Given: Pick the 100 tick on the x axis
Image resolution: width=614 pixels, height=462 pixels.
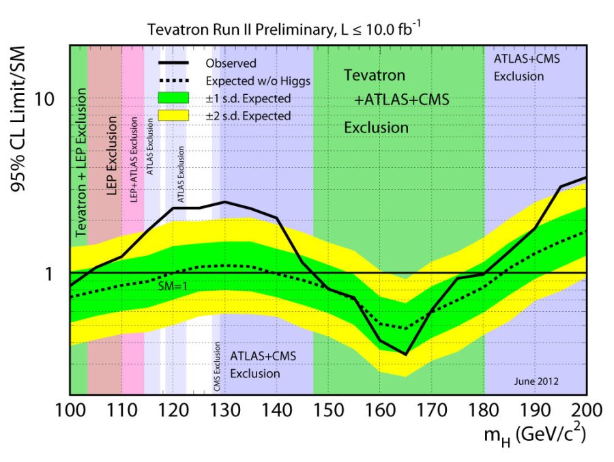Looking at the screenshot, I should pyautogui.click(x=70, y=411).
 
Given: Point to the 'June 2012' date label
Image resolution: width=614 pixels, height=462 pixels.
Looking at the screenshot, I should pyautogui.click(x=540, y=381).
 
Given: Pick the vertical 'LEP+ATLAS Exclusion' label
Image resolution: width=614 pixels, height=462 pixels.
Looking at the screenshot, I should pyautogui.click(x=134, y=159).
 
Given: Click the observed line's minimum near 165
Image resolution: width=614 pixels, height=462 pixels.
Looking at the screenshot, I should pyautogui.click(x=406, y=354).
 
